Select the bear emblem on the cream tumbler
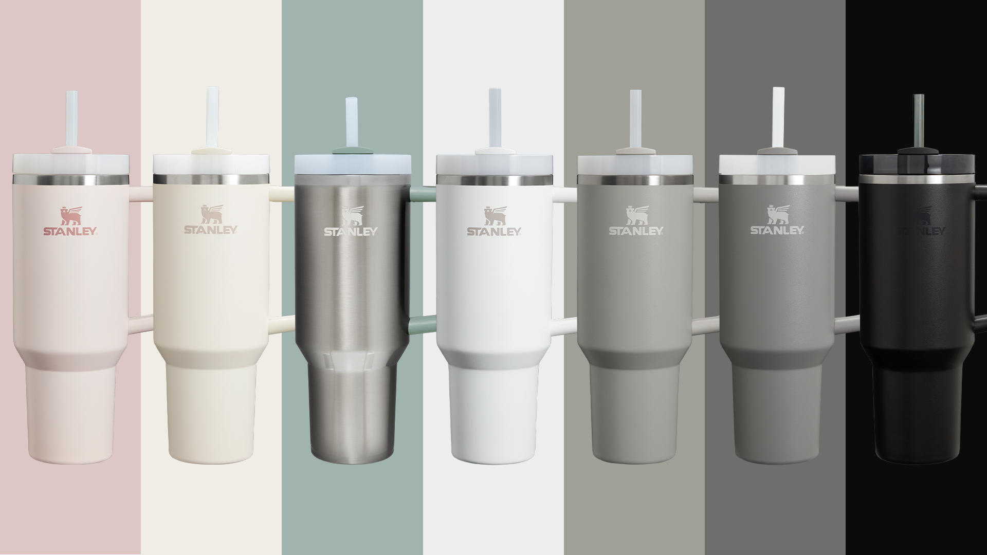(x=211, y=215)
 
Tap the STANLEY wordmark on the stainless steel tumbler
(x=351, y=231)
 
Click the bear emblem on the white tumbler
(x=494, y=215)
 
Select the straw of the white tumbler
(x=494, y=118)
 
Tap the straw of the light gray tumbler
(x=635, y=119)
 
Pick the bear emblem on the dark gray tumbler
(x=777, y=215)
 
